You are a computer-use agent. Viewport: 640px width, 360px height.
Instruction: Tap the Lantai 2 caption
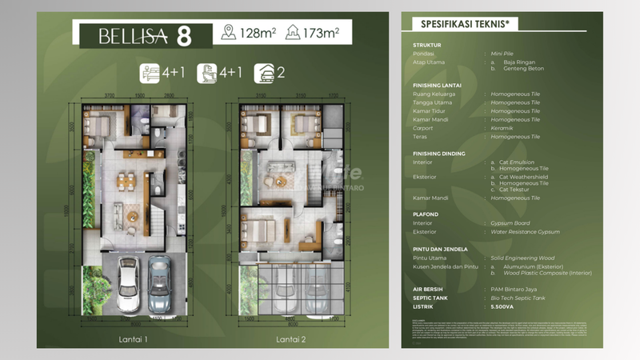[x=292, y=339]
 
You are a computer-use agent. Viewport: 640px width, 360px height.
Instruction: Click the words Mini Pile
[x=504, y=54]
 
